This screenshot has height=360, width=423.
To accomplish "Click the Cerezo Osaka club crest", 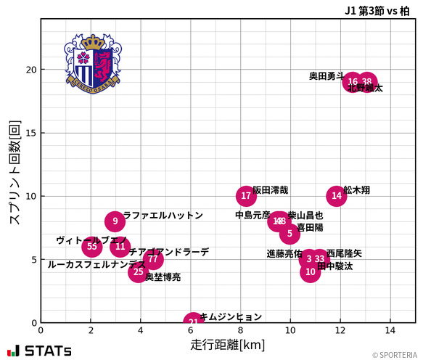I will click(92, 62).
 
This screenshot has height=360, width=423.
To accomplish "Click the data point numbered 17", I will click(246, 196).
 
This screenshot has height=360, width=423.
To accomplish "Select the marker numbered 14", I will click(336, 196).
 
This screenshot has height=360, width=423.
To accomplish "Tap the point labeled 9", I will click(115, 221).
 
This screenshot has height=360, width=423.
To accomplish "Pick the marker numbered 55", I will click(92, 247).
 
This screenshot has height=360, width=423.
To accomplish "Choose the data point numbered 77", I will click(152, 259).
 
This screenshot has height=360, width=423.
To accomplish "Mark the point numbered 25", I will click(138, 272).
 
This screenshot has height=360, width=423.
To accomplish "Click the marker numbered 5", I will click(289, 234).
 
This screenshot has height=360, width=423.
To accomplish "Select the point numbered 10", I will click(311, 272).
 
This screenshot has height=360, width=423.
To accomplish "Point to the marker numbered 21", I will click(193, 322).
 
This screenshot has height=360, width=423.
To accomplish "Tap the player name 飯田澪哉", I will click(270, 190).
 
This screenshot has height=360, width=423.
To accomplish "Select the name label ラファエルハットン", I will click(163, 216).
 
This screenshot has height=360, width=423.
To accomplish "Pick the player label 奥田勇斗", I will click(327, 75).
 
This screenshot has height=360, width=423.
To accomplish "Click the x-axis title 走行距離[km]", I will click(228, 344).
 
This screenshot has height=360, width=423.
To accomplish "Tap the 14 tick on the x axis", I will click(390, 330).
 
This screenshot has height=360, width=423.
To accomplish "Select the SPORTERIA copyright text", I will click(395, 355).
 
